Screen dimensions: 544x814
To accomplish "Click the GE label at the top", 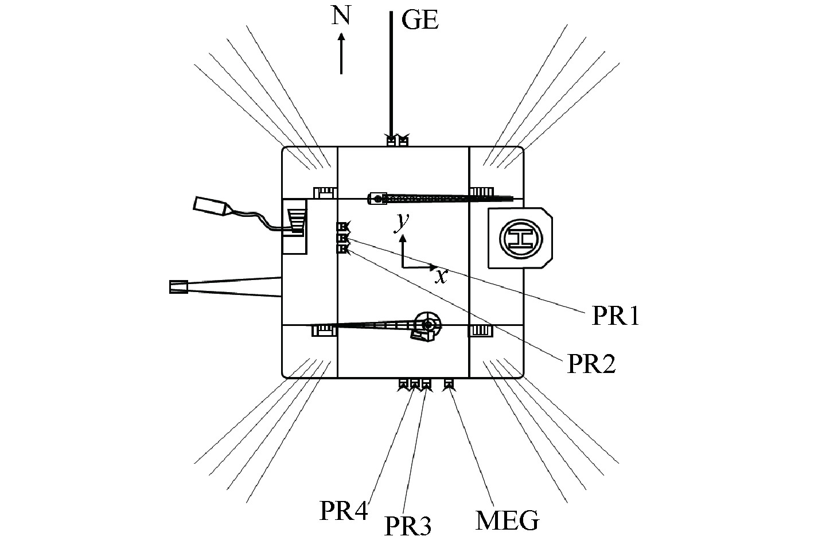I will (419, 21).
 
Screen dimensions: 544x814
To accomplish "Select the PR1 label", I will (615, 316).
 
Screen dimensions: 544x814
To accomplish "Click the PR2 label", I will (591, 364).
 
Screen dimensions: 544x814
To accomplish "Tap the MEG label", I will (508, 520).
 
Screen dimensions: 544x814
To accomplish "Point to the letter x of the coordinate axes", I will (441, 276).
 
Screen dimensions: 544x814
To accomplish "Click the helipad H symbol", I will (520, 238).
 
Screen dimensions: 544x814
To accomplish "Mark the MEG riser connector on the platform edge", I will (449, 384).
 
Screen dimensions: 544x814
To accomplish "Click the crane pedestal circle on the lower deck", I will (427, 325).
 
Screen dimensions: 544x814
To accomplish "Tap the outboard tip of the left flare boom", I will (178, 287).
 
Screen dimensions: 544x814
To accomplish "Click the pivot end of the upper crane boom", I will (377, 199).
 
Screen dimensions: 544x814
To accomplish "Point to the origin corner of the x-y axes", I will (403, 267).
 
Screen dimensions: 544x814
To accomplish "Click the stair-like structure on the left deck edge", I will (296, 221).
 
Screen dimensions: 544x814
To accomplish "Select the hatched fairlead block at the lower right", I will (481, 331).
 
